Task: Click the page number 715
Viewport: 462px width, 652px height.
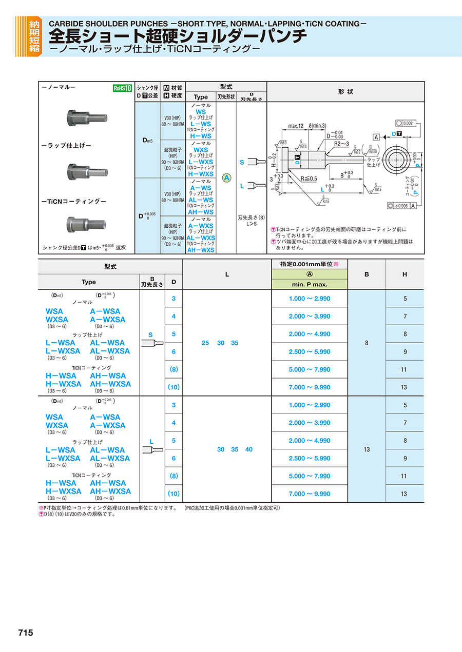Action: pos(25,633)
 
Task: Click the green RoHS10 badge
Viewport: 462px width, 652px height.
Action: pos(123,88)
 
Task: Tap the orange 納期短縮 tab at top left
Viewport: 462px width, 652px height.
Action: pos(34,36)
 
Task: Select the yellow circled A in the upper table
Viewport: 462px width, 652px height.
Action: pos(226,177)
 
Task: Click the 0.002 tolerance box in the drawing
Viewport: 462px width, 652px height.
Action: pos(408,123)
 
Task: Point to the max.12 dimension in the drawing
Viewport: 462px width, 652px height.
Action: pos(297,126)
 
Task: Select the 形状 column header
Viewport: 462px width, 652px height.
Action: pos(345,91)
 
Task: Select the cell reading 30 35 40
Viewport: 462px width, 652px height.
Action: pos(227,449)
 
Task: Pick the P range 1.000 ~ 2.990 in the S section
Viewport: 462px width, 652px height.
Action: pos(310,299)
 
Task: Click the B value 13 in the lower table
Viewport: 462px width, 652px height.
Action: pos(367,449)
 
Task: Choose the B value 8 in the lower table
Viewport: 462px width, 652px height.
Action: pos(367,343)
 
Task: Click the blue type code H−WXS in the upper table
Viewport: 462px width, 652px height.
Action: pos(201,174)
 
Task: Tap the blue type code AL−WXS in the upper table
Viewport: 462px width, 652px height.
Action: pos(201,238)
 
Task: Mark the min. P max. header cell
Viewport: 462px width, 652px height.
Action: pos(310,284)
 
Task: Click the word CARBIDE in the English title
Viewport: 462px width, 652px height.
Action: pos(68,24)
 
